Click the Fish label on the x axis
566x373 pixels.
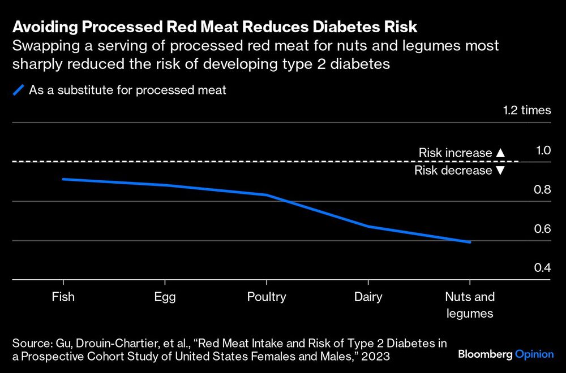(63, 297)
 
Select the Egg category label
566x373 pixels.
(164, 297)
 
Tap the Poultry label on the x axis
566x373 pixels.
(266, 297)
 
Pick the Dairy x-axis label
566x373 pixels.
(368, 297)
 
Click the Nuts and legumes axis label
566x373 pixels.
(469, 305)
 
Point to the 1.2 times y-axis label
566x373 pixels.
(526, 110)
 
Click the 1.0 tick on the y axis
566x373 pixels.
(543, 150)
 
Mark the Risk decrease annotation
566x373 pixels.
(459, 171)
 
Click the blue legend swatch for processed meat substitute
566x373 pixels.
(19, 91)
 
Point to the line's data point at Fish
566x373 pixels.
(63, 179)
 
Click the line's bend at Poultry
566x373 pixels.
(266, 195)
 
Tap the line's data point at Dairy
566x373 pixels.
(368, 227)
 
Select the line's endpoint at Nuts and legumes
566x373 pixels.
(469, 242)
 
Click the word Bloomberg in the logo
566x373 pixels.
(484, 354)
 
